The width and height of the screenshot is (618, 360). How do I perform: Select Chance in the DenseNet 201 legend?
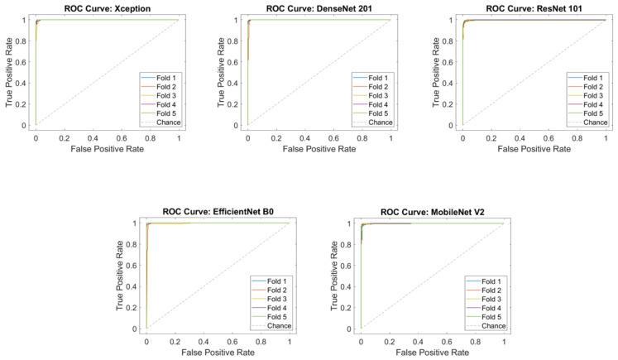click(x=374, y=122)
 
